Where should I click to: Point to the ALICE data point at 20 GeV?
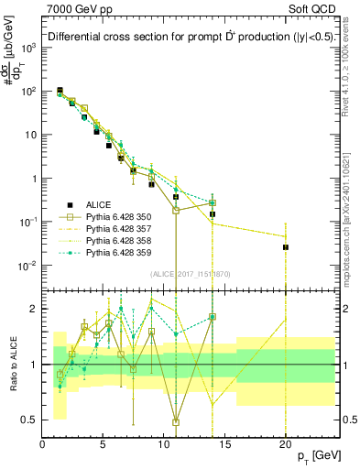[285, 247]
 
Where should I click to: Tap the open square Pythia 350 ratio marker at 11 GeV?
[175, 422]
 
